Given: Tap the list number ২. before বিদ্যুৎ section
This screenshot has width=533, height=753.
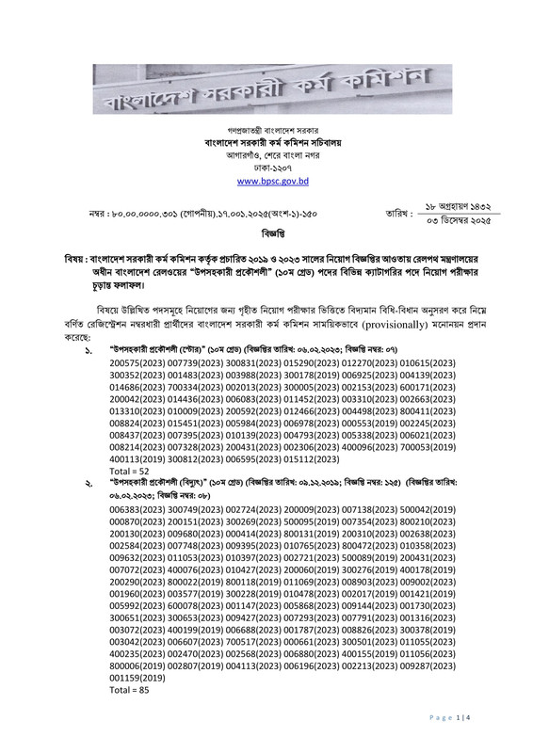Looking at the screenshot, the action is (x=86, y=483).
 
